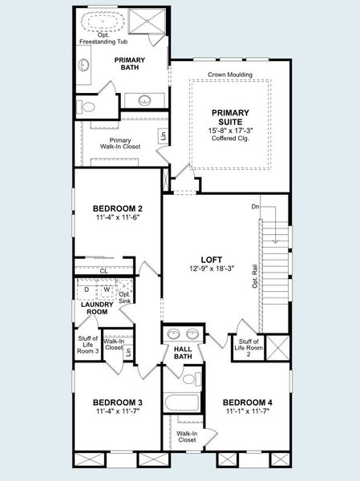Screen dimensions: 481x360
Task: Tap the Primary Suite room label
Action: [x=230, y=117]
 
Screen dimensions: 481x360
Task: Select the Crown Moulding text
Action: [x=230, y=75]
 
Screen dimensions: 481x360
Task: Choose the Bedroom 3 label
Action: [x=117, y=402]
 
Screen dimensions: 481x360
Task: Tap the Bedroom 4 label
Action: [x=247, y=402]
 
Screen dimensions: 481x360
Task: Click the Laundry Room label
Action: [x=95, y=308]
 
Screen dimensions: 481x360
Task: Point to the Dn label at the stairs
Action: [x=255, y=208]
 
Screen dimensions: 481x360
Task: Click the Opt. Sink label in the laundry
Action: [x=124, y=297]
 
